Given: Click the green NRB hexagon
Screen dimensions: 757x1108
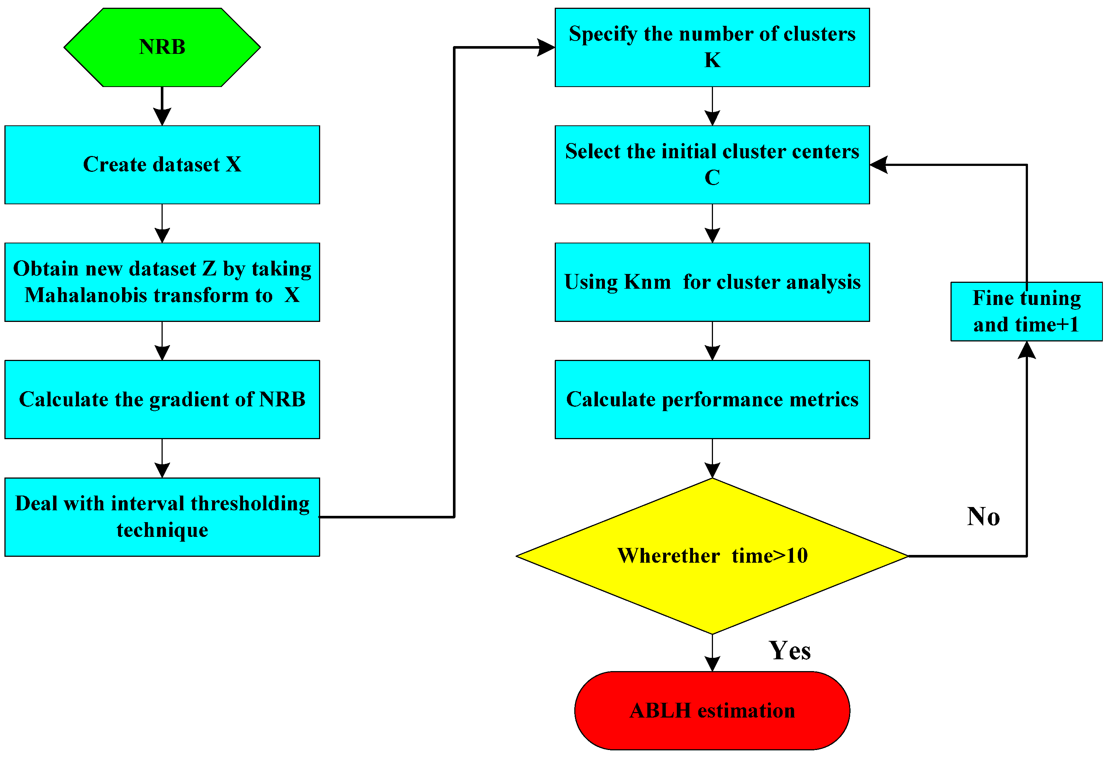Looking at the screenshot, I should tap(162, 47).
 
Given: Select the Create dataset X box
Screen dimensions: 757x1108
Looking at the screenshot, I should tap(162, 164).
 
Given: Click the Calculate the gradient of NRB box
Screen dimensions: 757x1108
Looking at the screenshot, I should tap(162, 399).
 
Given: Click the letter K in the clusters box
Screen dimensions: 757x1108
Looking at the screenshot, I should tap(712, 60).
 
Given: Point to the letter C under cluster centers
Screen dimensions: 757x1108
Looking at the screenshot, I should tap(712, 178).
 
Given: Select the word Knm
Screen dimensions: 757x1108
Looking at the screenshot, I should tap(647, 282).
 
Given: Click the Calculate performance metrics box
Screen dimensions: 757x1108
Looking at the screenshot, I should tap(712, 399).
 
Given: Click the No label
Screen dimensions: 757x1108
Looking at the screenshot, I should tap(983, 517).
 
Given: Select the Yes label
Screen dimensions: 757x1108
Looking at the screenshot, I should tap(790, 651).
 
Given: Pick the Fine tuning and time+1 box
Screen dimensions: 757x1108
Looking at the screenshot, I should tap(1026, 311).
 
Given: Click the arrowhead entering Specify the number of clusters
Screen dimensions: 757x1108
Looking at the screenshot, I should tap(546, 47).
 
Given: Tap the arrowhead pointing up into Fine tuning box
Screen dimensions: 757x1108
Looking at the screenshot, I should tap(1026, 350).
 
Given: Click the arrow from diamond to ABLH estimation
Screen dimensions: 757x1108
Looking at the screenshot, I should tap(712, 653).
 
